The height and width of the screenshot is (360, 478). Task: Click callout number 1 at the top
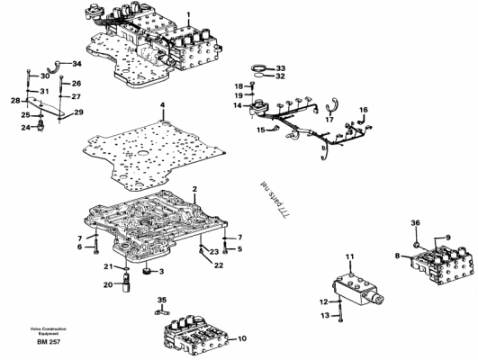tap(188, 15)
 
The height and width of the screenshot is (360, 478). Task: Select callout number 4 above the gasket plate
tap(162, 106)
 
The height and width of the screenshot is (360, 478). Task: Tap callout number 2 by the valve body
tap(194, 189)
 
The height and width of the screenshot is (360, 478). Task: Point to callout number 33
tap(281, 68)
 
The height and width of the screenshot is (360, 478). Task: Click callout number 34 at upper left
tap(77, 64)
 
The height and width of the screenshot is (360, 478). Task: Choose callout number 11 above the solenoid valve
tap(350, 257)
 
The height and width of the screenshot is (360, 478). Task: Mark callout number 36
tap(415, 222)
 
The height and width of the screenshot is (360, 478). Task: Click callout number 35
tap(162, 299)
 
